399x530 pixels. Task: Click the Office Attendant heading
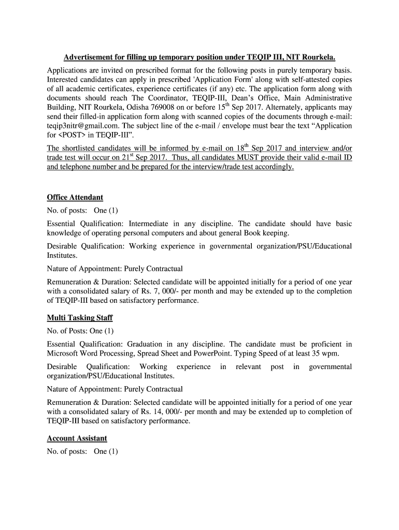coord(75,197)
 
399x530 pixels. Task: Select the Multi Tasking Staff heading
coord(79,317)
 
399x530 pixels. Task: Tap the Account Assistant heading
coord(77,438)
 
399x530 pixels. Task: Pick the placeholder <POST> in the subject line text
coord(74,135)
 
